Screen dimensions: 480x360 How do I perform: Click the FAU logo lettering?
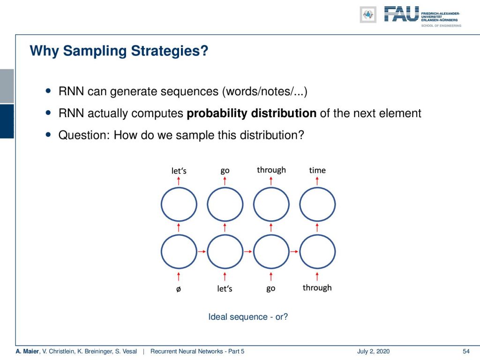(x=401, y=14)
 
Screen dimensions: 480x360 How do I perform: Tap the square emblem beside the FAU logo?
(x=368, y=15)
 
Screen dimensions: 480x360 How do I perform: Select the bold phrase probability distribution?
(x=252, y=113)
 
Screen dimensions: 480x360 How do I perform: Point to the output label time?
(x=317, y=170)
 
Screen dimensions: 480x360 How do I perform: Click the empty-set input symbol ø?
(x=179, y=289)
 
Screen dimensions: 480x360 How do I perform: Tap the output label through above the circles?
(x=271, y=170)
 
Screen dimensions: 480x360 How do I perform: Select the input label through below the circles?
(x=317, y=288)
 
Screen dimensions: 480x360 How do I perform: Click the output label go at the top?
(x=225, y=171)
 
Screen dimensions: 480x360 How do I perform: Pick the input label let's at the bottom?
(x=225, y=288)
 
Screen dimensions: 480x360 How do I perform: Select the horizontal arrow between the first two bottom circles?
(x=202, y=252)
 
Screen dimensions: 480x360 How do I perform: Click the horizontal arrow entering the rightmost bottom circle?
(x=294, y=252)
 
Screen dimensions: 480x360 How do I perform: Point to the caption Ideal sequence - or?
(x=248, y=317)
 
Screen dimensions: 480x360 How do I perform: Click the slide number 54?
(x=466, y=352)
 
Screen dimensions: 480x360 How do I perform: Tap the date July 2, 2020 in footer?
(x=373, y=352)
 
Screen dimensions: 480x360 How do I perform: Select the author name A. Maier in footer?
(x=28, y=352)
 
